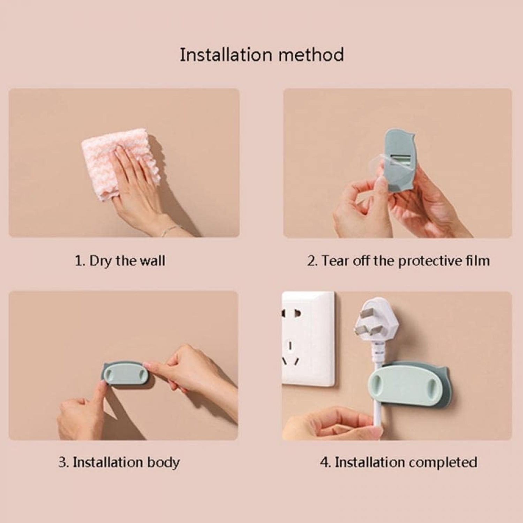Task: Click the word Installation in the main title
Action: tap(226, 55)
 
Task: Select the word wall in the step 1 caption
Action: tap(152, 261)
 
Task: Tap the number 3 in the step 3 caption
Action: tap(62, 462)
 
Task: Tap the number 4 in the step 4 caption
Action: tap(324, 462)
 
